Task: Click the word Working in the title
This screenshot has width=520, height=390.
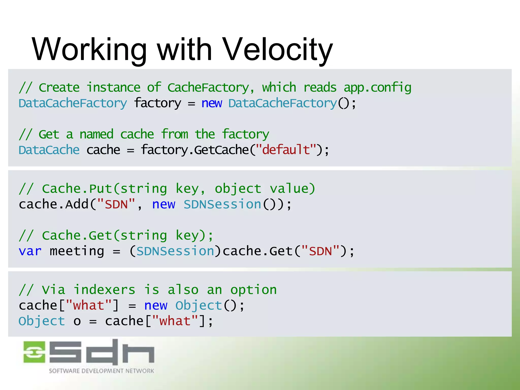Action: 89,50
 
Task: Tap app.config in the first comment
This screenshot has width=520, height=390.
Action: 377,88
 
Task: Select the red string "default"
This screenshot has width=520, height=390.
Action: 286,150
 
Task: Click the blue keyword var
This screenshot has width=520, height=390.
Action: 30,251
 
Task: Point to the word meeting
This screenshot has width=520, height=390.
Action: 77,251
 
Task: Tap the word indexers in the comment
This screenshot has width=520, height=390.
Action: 104,290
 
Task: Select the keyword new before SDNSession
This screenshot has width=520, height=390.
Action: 164,205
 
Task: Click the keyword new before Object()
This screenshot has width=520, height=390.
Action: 156,306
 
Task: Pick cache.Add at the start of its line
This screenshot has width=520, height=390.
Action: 54,205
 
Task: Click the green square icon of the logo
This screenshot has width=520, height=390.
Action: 34,352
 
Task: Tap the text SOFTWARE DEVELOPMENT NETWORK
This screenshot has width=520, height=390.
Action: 101,371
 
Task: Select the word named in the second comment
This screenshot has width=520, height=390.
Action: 96,134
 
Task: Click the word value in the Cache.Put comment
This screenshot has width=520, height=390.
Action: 292,189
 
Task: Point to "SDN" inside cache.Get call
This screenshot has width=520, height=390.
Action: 320,251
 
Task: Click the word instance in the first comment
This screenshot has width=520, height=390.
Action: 113,88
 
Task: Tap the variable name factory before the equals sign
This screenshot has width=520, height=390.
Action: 158,103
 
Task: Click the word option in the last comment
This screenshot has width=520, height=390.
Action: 253,290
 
